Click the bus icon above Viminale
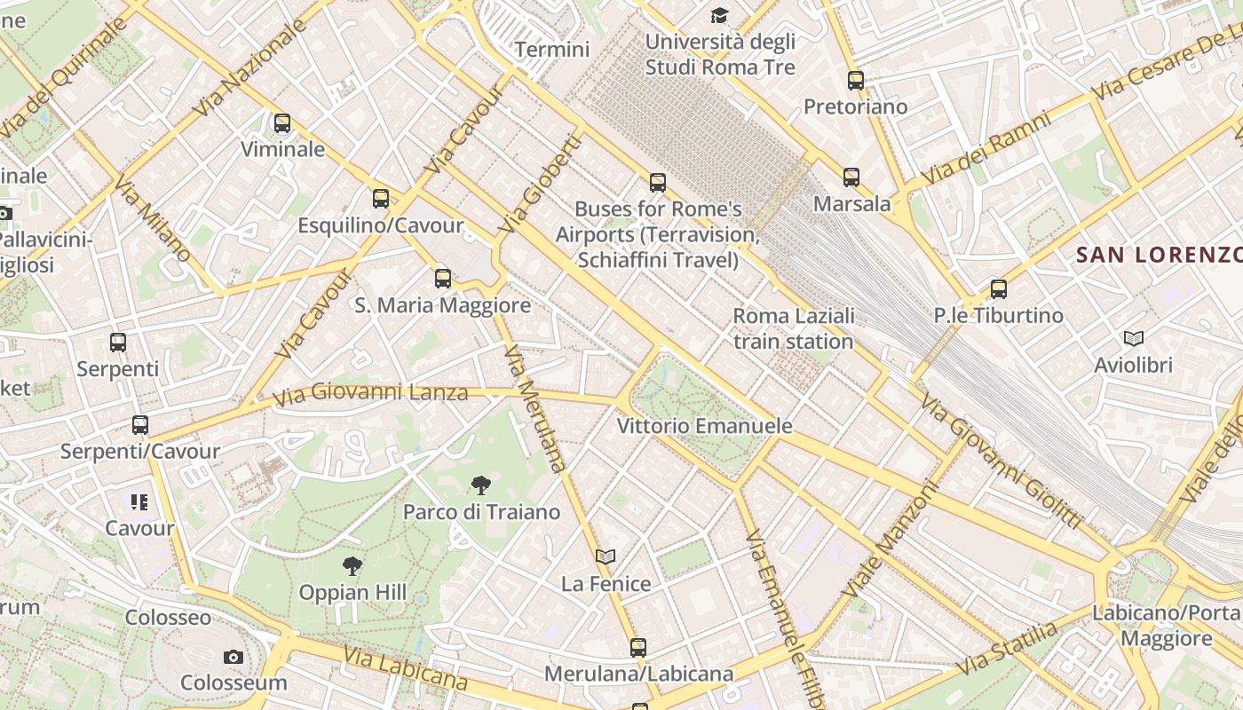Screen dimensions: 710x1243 tap(282, 123)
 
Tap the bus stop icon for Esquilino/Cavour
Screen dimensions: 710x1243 tap(381, 199)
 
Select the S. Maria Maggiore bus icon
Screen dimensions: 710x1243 tap(443, 279)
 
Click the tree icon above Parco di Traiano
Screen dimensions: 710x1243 tap(480, 485)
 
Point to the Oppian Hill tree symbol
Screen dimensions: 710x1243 tap(352, 565)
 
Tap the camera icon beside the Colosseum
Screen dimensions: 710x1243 tap(234, 657)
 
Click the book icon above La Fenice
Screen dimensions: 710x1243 tap(606, 556)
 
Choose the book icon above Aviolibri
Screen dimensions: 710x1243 tap(1133, 338)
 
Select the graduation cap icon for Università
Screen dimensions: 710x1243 tap(718, 15)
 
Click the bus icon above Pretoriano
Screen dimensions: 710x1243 tap(856, 81)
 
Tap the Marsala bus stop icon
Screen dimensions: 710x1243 tap(851, 177)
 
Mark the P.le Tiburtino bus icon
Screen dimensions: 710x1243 tap(999, 289)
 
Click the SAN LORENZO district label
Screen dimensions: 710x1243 tap(1159, 256)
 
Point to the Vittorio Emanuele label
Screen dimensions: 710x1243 tap(704, 426)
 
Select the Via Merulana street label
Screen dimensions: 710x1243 tap(534, 408)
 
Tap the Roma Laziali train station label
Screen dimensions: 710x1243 tap(793, 328)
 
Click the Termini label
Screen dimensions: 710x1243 tap(552, 49)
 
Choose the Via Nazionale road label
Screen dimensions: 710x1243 tap(249, 67)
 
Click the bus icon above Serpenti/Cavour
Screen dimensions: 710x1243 tap(140, 425)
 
